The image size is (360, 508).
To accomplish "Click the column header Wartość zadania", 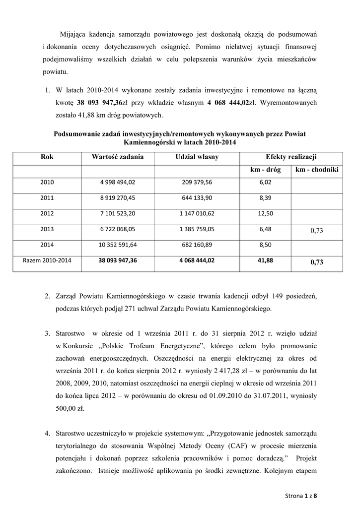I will pyautogui.click(x=118, y=157).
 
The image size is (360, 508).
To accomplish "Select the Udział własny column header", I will pyautogui.click(x=197, y=157).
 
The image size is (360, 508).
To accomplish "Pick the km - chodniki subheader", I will pyautogui.click(x=317, y=170).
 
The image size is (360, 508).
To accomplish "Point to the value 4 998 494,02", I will pyautogui.click(x=118, y=182).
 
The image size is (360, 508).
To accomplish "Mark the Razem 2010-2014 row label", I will pyautogui.click(x=47, y=260).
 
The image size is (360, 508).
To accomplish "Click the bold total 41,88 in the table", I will pyautogui.click(x=266, y=260).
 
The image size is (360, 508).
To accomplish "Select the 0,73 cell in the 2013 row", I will pyautogui.click(x=317, y=231).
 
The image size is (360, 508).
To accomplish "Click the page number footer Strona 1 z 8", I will pyautogui.click(x=301, y=495).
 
